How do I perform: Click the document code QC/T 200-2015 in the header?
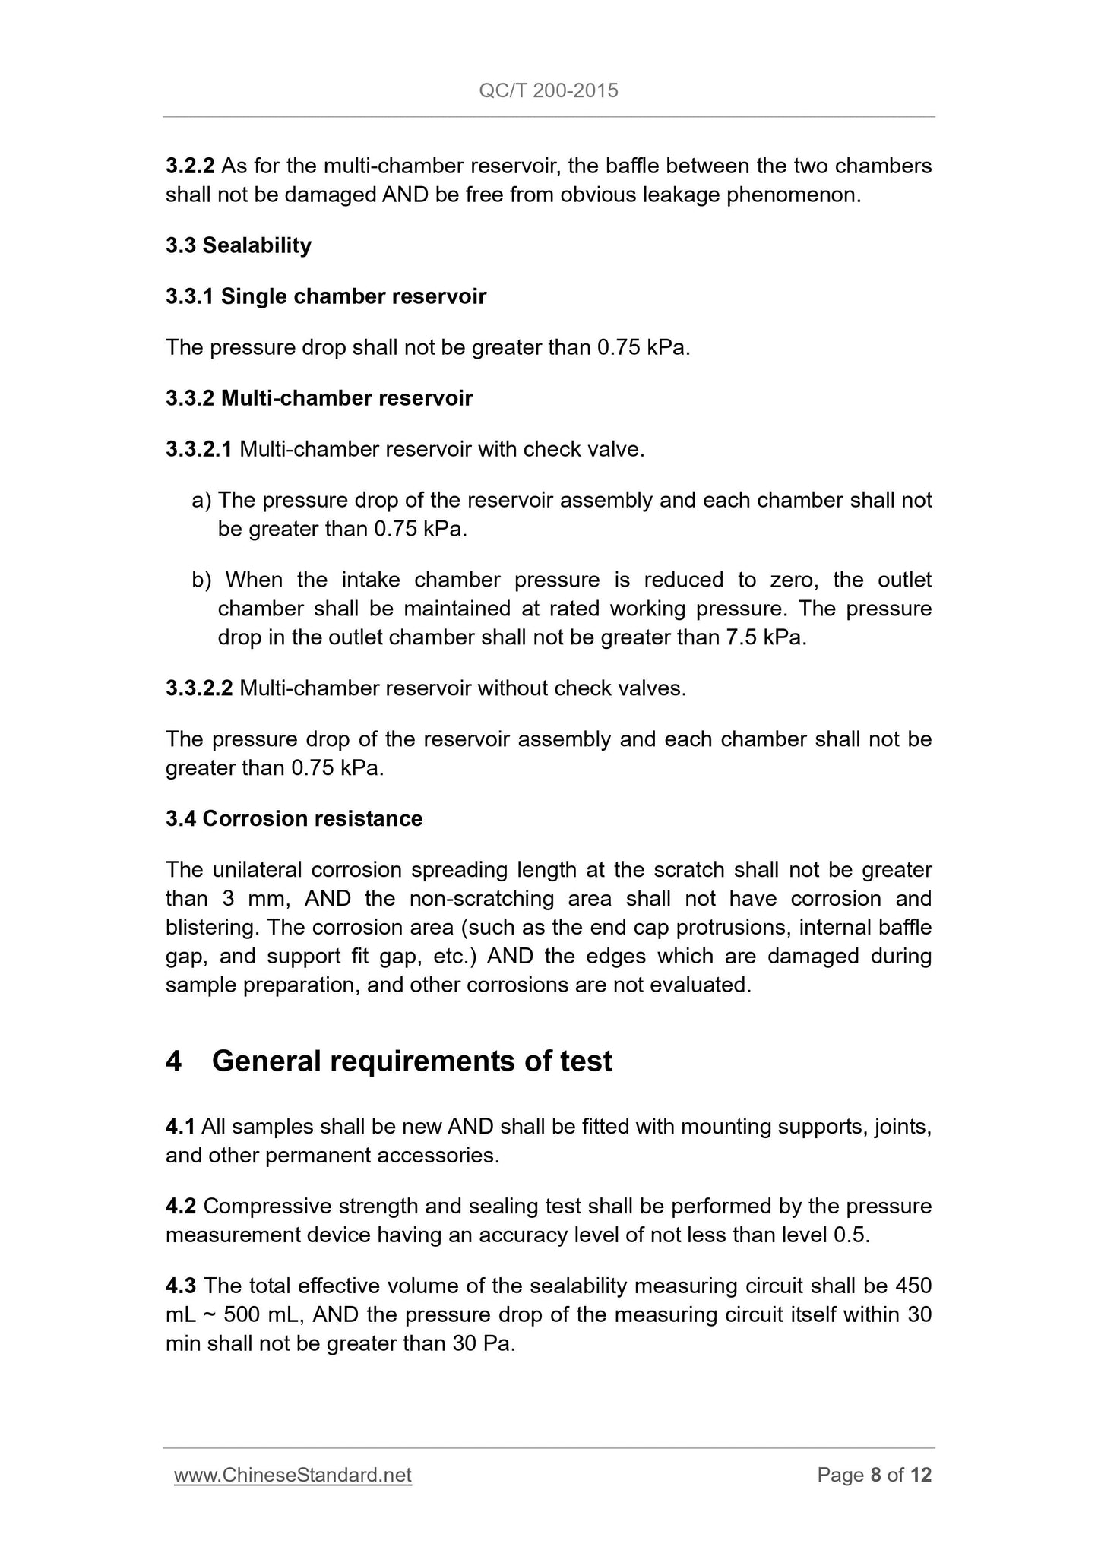pos(549,91)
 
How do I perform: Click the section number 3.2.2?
pos(190,166)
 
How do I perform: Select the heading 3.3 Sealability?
pos(239,245)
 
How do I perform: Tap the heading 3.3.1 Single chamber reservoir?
pos(326,296)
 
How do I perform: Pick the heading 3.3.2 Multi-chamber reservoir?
pos(319,398)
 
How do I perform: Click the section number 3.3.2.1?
pos(199,449)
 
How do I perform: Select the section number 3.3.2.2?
pos(199,688)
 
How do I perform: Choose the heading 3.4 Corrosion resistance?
pos(294,818)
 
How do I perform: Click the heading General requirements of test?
pos(412,1061)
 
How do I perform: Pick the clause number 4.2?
pos(181,1206)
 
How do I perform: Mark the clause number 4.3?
pos(181,1286)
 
